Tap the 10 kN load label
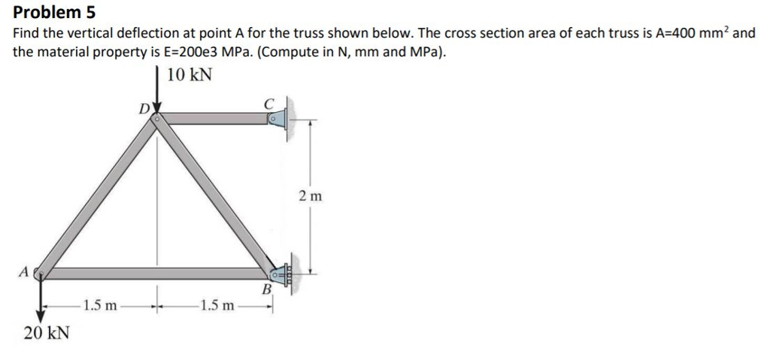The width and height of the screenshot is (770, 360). point(189,75)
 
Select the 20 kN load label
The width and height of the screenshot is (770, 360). point(47,332)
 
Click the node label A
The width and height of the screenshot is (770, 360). point(25,271)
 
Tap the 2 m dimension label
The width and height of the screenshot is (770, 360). point(309,197)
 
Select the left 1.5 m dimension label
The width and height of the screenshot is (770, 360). point(100,306)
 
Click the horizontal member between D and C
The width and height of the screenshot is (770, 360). point(217,118)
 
